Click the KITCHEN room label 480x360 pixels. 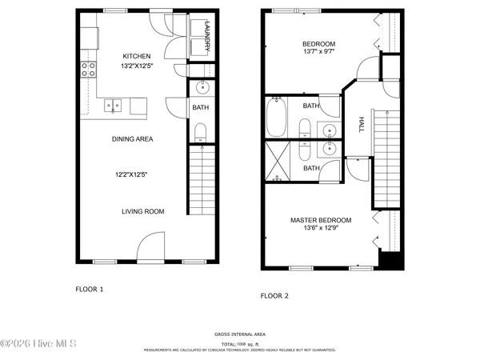[x=135, y=55]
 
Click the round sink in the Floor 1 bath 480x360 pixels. [x=201, y=88]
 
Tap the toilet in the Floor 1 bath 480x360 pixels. [x=200, y=132]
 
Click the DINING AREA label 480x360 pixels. [x=132, y=138]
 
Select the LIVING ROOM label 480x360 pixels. [x=142, y=211]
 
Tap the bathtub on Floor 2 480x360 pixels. [x=277, y=117]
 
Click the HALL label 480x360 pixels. [x=362, y=125]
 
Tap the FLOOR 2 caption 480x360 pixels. [x=274, y=296]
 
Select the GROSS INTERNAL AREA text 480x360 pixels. [x=240, y=334]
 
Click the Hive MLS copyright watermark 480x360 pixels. [x=38, y=344]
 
